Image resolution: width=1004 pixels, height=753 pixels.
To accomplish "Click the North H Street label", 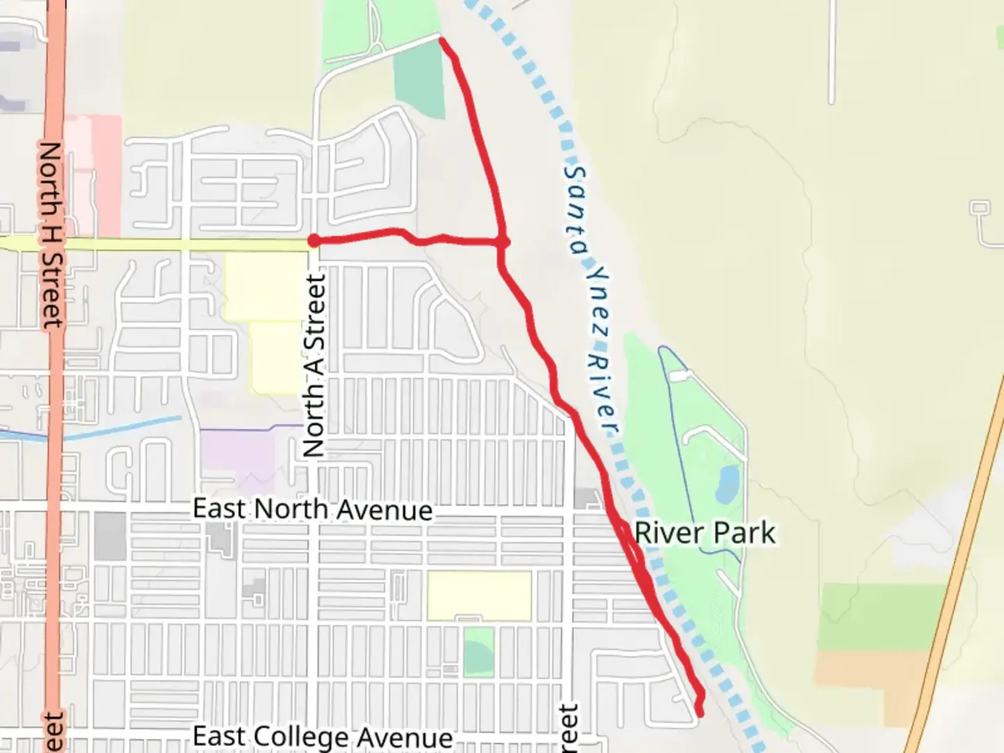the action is coord(51,234).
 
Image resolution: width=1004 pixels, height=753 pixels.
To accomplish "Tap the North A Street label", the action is coord(315,366).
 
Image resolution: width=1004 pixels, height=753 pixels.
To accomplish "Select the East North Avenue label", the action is coord(312,510).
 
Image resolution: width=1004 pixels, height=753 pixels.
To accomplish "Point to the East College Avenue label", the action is coord(322,737).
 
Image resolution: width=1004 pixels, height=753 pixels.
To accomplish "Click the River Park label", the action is coord(704,533).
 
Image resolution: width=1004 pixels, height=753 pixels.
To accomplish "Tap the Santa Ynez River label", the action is coord(592,300).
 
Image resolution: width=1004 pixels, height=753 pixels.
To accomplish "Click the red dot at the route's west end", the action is coord(314,241).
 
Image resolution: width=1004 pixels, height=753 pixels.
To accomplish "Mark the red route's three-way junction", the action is coord(502,242).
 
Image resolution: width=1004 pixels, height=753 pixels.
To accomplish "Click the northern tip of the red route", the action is coord(441,40).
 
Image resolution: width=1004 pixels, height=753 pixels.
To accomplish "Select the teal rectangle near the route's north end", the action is coord(419,84).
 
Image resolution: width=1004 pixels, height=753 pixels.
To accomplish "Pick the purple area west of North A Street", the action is coord(237,453).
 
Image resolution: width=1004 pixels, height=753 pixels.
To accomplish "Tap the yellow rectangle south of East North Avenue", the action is coord(479,595).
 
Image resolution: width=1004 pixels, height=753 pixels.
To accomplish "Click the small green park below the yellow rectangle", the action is coord(478,652).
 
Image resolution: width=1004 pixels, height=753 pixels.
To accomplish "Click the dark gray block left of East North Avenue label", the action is coord(110,536).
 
